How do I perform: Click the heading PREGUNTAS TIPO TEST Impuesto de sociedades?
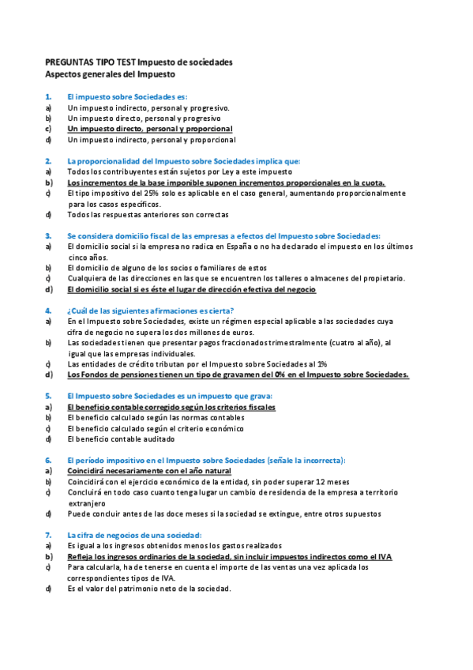[x=138, y=62]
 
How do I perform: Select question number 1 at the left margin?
[x=48, y=96]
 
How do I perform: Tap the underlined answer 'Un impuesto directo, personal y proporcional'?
[x=150, y=128]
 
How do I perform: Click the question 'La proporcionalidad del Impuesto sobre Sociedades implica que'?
[x=183, y=160]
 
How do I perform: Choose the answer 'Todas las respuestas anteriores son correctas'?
[x=148, y=214]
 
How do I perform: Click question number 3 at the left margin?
[x=48, y=235]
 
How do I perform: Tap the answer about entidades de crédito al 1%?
[x=197, y=364]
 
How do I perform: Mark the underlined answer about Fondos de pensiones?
[x=238, y=375]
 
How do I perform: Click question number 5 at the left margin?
[x=48, y=396]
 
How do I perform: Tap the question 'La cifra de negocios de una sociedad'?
[x=134, y=535]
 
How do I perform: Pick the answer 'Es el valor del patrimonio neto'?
[x=149, y=589]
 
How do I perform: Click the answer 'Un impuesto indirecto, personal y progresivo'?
[x=148, y=107]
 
